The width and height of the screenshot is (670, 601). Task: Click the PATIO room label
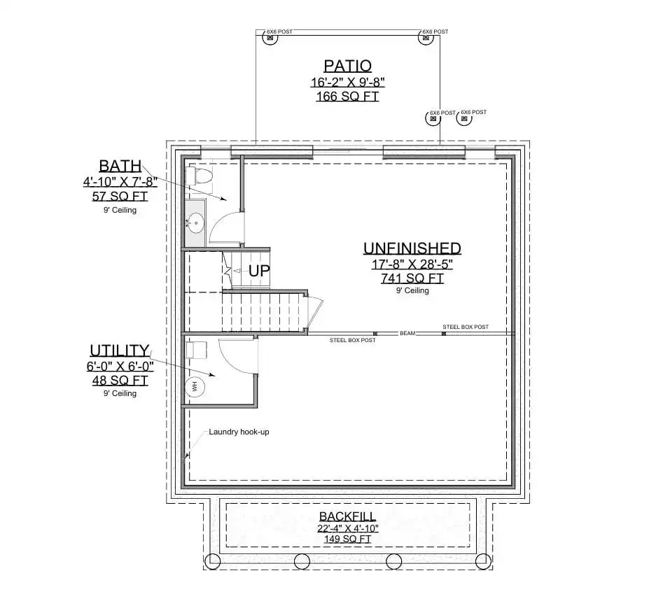(x=347, y=66)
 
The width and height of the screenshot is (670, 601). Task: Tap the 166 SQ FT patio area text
(x=347, y=97)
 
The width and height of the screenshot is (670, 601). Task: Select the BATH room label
(x=120, y=167)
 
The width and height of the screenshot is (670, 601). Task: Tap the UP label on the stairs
(x=259, y=271)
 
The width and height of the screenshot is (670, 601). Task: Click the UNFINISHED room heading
(x=412, y=248)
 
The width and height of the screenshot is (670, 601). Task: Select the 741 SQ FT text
(x=412, y=278)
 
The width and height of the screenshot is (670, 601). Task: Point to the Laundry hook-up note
(x=239, y=432)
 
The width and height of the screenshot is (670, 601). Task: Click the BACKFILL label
(x=347, y=516)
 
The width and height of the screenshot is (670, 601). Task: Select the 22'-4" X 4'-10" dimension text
(x=347, y=528)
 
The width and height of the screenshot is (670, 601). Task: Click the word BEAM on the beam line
(x=407, y=334)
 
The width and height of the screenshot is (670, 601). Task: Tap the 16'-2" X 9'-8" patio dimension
(x=347, y=83)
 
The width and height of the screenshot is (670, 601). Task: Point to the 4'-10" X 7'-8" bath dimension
(x=120, y=182)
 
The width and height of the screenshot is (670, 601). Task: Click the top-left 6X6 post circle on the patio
(x=269, y=40)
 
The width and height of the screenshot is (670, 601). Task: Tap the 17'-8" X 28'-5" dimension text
(x=412, y=264)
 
